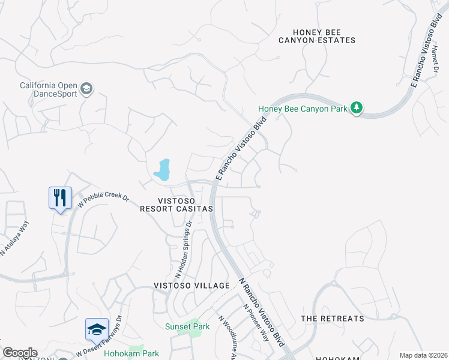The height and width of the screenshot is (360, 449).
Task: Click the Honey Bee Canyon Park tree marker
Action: pyautogui.click(x=358, y=109)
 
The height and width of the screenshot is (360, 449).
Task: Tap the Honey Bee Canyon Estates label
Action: pyautogui.click(x=317, y=36)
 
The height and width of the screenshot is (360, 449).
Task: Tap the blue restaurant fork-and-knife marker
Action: pyautogui.click(x=60, y=197)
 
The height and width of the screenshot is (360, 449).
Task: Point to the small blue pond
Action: pyautogui.click(x=162, y=170)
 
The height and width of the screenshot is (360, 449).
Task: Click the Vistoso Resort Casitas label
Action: pyautogui.click(x=176, y=205)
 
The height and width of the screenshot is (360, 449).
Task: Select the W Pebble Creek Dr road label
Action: pyautogui.click(x=103, y=200)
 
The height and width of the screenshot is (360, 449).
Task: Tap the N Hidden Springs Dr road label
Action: pyautogui.click(x=182, y=248)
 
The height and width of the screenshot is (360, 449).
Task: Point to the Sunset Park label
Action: pyautogui.click(x=187, y=327)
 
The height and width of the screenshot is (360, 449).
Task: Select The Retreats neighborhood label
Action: pyautogui.click(x=332, y=319)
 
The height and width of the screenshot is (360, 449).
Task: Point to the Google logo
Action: pyautogui.click(x=20, y=352)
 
